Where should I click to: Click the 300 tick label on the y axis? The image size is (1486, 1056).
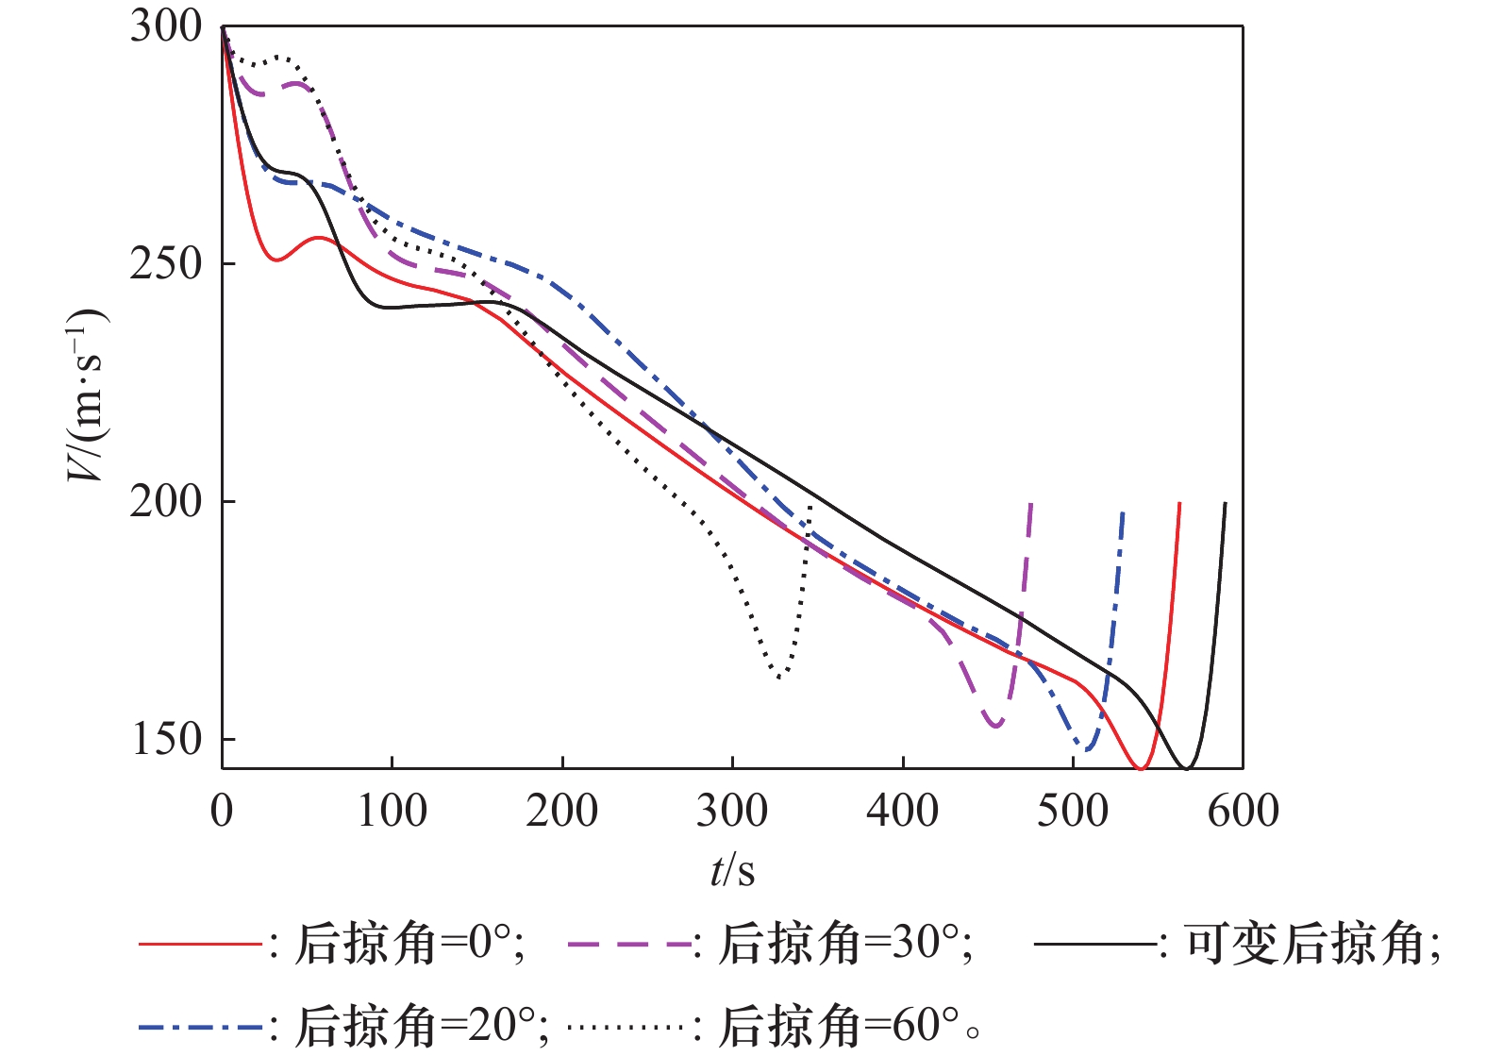(x=166, y=26)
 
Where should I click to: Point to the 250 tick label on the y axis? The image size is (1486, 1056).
(x=166, y=263)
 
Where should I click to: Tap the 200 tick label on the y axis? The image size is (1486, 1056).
(x=166, y=501)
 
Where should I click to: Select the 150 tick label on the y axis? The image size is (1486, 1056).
(x=166, y=739)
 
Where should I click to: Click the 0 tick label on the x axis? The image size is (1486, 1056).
(x=222, y=811)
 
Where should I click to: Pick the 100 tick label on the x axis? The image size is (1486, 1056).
(x=392, y=811)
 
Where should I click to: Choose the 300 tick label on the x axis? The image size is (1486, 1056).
(x=732, y=811)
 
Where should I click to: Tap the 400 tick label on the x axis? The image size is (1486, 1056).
(x=903, y=811)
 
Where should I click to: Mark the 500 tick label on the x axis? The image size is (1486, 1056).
(x=1073, y=811)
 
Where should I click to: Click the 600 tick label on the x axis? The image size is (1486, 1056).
(x=1243, y=811)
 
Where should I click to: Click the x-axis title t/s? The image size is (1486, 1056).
(x=732, y=870)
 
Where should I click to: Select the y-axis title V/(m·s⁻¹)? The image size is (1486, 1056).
(x=87, y=395)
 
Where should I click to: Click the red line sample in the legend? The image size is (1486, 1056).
(x=199, y=944)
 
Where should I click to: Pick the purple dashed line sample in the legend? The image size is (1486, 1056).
(x=630, y=944)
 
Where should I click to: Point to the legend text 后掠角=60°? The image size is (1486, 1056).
(x=839, y=1026)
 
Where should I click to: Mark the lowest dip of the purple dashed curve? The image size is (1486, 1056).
(x=995, y=726)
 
